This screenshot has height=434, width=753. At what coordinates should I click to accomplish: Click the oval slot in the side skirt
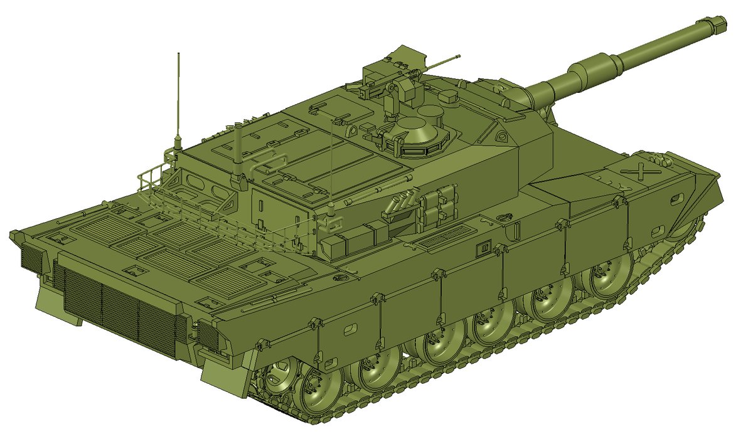350,327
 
